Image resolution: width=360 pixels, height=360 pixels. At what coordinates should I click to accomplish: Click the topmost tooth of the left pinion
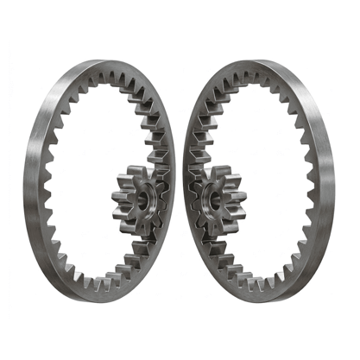coord(137,165)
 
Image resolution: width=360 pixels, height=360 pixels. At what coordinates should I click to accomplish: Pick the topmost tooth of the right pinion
coord(217,165)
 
